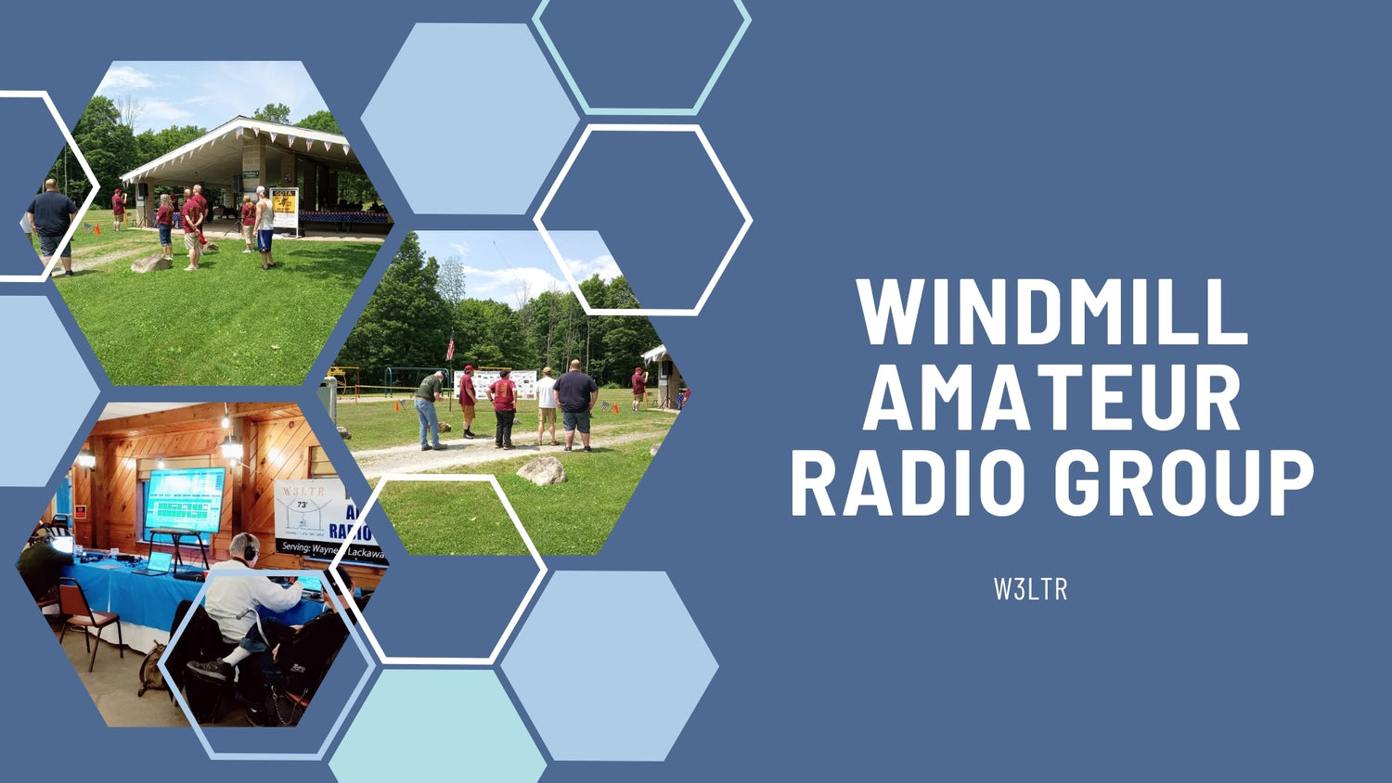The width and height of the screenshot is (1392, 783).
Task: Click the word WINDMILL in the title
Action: [x=1052, y=312]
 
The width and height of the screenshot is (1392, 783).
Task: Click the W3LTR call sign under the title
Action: [x=1030, y=589]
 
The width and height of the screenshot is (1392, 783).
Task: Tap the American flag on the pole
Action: [x=451, y=348]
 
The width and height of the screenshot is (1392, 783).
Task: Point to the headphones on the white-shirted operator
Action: [x=249, y=547]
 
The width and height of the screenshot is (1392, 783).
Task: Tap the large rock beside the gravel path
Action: [x=542, y=470]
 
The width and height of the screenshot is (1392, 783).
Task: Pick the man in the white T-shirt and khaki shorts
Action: [x=547, y=404]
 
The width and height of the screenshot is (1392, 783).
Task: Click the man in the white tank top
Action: [x=264, y=225]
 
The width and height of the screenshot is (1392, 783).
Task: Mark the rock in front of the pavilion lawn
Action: [x=151, y=263]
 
